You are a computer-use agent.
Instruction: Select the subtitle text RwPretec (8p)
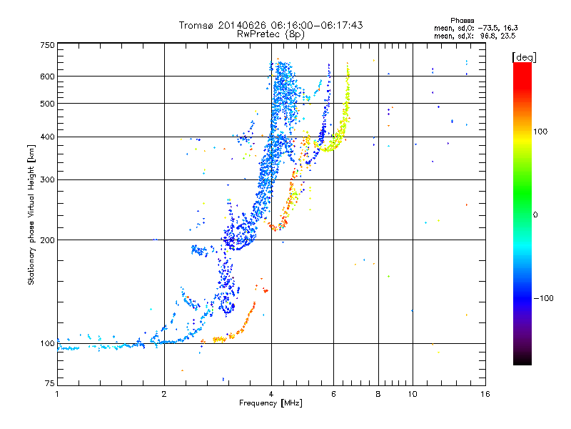click(x=271, y=34)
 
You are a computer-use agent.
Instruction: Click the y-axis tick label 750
click(x=47, y=45)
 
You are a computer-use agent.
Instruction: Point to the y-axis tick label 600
click(x=47, y=77)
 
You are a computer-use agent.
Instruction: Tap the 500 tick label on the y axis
click(x=47, y=104)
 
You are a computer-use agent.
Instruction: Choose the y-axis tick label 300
click(x=47, y=180)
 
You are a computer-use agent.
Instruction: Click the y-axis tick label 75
click(x=50, y=383)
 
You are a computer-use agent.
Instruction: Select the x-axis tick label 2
click(x=164, y=394)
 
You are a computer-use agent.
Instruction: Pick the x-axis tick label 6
click(x=333, y=394)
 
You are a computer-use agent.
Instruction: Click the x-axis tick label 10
click(x=413, y=394)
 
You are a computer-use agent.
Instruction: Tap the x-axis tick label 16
click(x=485, y=394)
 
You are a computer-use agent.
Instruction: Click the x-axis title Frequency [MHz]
click(x=271, y=403)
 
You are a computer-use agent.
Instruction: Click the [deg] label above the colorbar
click(x=524, y=57)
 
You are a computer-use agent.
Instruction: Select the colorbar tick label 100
click(x=540, y=132)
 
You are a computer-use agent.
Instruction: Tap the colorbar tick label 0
click(x=535, y=215)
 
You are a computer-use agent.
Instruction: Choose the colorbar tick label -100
click(x=543, y=298)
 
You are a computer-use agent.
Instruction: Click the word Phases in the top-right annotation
click(x=462, y=21)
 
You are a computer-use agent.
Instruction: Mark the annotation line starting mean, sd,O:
click(x=476, y=28)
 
